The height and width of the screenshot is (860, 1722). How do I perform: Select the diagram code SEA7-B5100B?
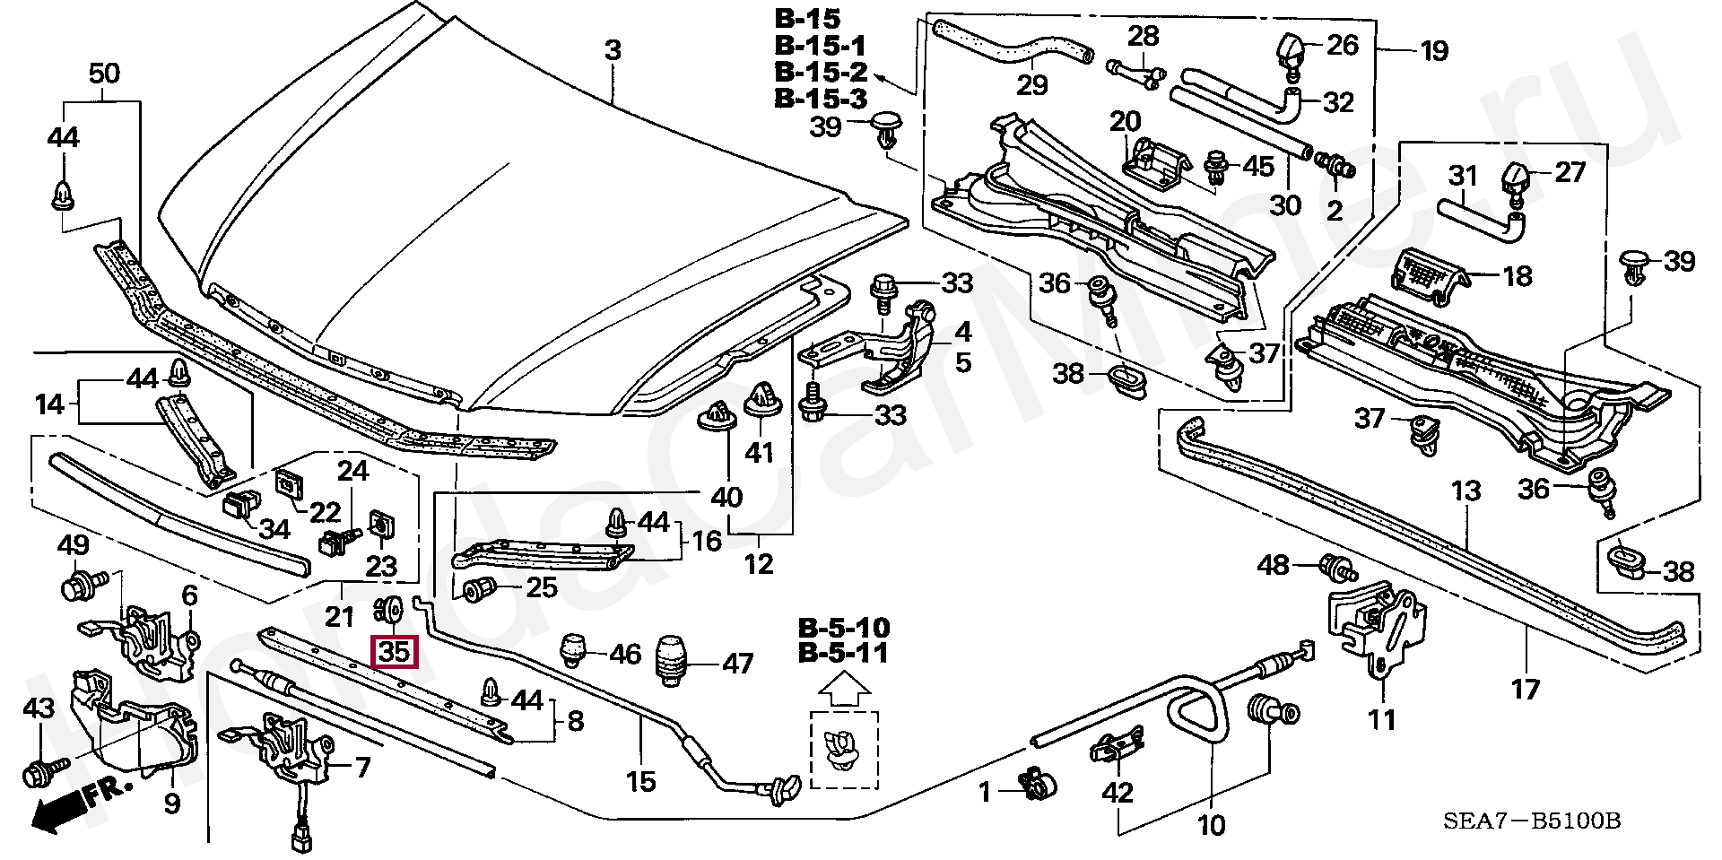click(x=1531, y=821)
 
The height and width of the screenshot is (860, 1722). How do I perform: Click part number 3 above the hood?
click(x=612, y=50)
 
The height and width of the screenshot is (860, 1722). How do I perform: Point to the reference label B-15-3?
click(x=822, y=98)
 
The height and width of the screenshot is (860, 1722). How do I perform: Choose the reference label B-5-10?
click(x=844, y=627)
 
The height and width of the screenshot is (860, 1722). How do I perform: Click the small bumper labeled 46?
click(x=573, y=650)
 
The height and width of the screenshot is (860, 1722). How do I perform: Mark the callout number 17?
click(x=1526, y=689)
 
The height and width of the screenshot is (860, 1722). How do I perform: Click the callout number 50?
click(x=104, y=73)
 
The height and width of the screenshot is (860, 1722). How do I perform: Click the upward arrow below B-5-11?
click(x=844, y=690)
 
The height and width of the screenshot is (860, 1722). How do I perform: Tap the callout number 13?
click(x=1466, y=491)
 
